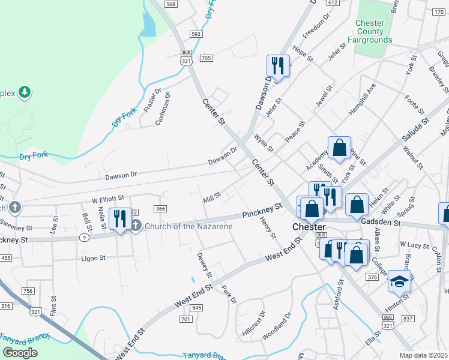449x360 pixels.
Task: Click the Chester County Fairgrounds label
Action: pos(373,31)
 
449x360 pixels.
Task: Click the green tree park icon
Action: pos(25,92)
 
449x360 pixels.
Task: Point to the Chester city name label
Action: pos(309,227)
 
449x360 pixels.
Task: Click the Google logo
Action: pos(20,353)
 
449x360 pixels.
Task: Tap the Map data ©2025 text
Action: pos(423,355)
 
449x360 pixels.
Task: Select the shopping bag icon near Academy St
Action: pos(339,148)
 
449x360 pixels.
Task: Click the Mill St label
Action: pos(212,196)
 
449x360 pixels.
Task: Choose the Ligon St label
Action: pos(93,258)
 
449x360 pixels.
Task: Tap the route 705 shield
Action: pos(206,58)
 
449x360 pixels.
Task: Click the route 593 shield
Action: pos(195,34)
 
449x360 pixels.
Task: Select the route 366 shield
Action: pos(160,208)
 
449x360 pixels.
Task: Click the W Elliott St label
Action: pos(107,197)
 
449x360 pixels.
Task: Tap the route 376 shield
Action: pos(372,277)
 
